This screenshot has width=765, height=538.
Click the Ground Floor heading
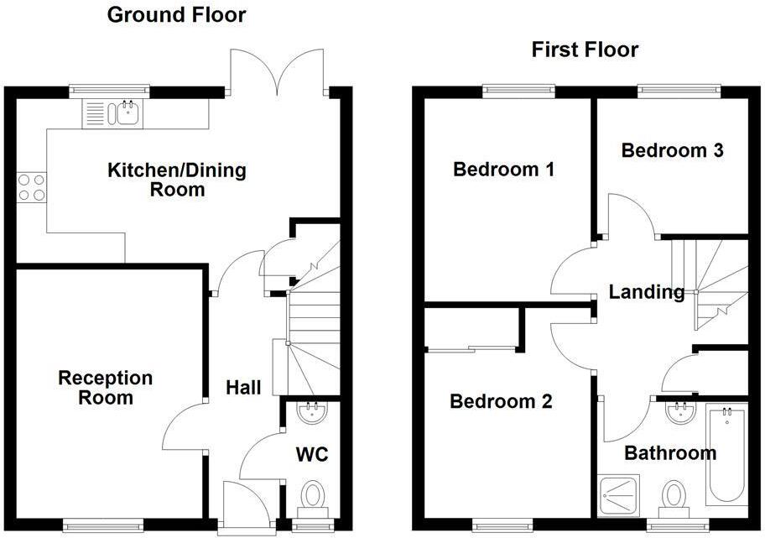click(x=176, y=14)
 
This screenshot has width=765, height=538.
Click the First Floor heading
click(x=585, y=50)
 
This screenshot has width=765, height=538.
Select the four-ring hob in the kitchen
click(x=32, y=186)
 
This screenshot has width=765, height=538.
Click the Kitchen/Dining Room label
click(x=177, y=180)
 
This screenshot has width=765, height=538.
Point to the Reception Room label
click(x=106, y=388)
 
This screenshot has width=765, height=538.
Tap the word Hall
click(x=243, y=388)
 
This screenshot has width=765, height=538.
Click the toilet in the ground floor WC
click(x=313, y=496)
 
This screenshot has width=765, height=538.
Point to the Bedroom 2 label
click(x=501, y=401)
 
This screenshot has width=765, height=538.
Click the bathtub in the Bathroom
click(x=726, y=453)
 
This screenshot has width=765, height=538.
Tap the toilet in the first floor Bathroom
click(x=674, y=496)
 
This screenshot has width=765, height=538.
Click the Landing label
click(x=646, y=292)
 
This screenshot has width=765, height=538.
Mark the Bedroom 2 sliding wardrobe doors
click(x=470, y=347)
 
